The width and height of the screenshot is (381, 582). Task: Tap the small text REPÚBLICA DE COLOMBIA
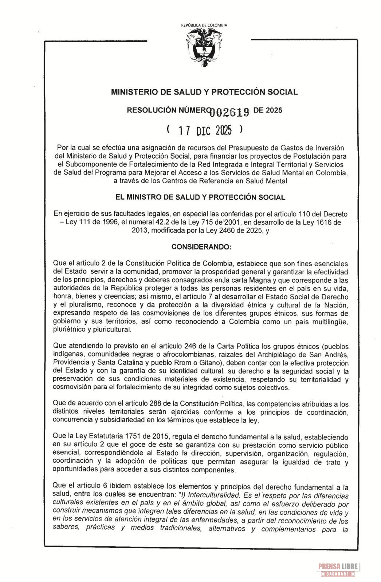[x=204, y=25]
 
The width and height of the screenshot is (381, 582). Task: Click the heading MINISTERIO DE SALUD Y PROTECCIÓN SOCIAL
[x=204, y=92]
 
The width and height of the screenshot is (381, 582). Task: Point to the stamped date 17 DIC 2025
[x=205, y=130]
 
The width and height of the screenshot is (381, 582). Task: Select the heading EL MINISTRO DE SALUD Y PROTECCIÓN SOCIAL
[x=200, y=198]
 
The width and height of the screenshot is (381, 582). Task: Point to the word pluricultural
[x=111, y=330]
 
